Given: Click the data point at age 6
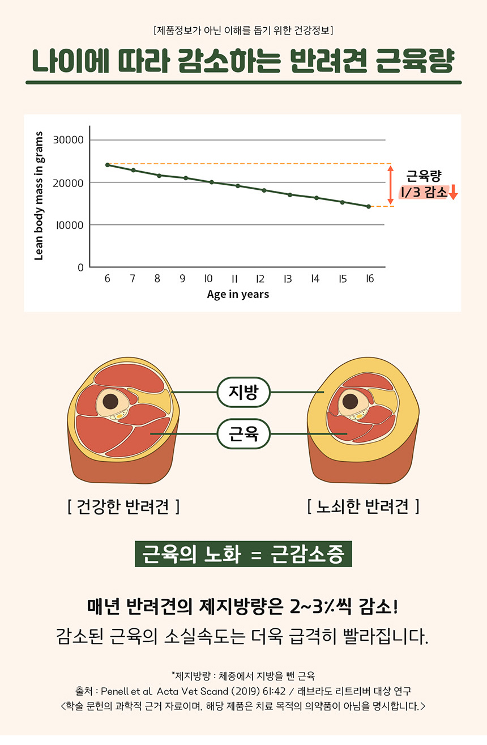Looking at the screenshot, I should point(108,165).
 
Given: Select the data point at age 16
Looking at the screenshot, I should point(369,207).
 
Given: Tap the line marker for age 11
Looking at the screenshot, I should point(237,186).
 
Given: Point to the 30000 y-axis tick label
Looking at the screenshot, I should point(68,140).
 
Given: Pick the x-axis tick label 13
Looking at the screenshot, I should point(288,279).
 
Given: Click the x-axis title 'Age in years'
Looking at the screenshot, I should point(238,295).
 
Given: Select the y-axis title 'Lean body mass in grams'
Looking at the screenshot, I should point(39,196).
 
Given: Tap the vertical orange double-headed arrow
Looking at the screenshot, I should point(390,185).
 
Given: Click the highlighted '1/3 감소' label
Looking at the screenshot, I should point(424,193).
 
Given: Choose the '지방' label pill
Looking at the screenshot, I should point(243,392).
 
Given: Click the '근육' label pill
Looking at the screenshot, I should point(243,434).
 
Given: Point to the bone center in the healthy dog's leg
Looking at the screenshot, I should point(110,402).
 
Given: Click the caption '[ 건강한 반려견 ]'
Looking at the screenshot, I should point(123,506).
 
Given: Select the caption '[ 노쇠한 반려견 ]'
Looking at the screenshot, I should point(363,506).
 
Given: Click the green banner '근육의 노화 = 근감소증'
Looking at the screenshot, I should point(243,554).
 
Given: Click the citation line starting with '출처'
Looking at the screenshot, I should point(243,691).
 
